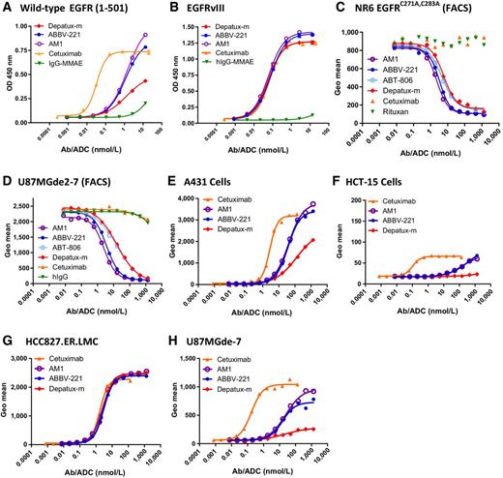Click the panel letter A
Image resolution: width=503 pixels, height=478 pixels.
pyautogui.click(x=8, y=9)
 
